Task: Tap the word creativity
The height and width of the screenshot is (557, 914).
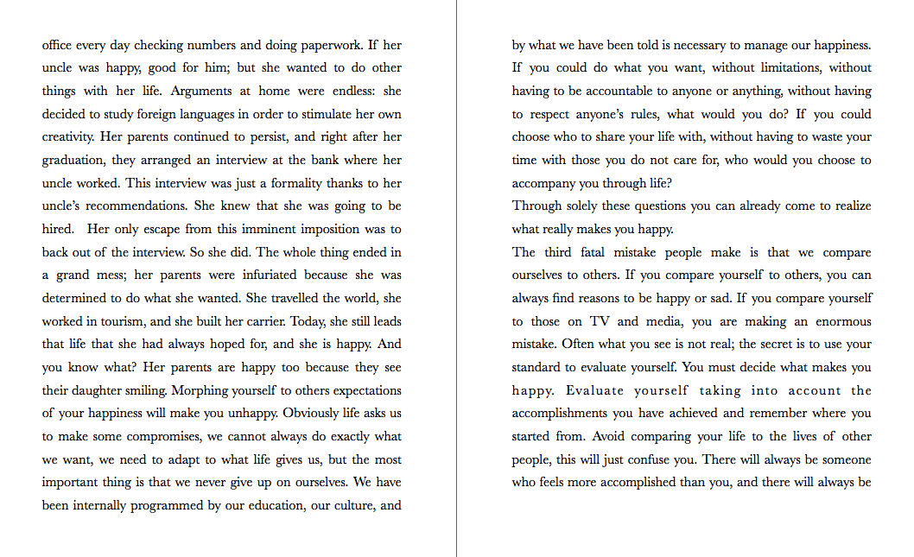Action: click(x=68, y=136)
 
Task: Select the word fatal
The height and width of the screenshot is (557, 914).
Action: click(x=586, y=252)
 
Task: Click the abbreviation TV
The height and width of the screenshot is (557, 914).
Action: click(x=600, y=321)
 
